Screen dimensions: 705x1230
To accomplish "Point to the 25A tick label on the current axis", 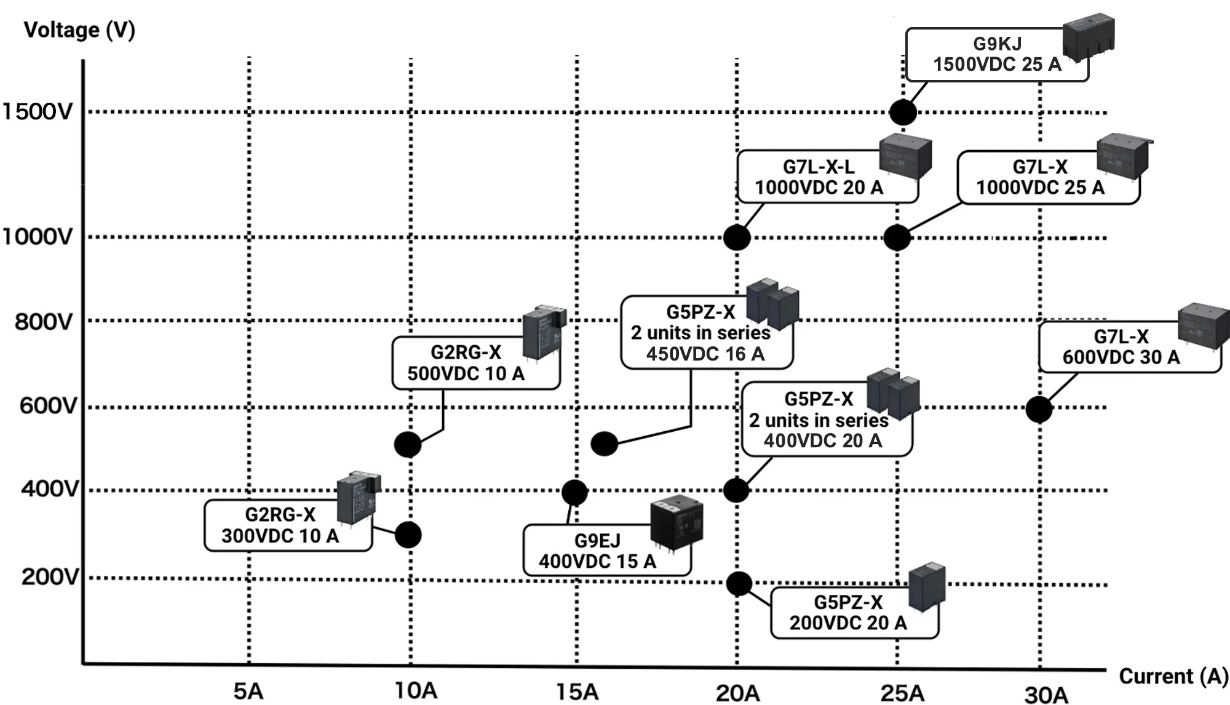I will (902, 693).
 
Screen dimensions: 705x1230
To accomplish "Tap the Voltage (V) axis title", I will (79, 30).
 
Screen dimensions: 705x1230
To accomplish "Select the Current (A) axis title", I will (1173, 676).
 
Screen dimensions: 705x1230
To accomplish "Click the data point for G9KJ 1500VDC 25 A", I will (903, 113).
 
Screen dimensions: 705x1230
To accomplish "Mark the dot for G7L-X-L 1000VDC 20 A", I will (737, 237).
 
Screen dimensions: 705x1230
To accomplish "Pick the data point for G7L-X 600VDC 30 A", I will (1039, 409).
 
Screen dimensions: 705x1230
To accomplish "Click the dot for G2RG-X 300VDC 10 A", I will (408, 535).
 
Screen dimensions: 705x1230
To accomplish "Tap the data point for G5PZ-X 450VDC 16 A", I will (604, 444).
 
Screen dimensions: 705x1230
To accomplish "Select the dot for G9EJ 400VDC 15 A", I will (574, 492).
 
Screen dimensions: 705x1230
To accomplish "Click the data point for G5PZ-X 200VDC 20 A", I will (739, 584).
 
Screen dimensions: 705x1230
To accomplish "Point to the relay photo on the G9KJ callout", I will (1089, 39).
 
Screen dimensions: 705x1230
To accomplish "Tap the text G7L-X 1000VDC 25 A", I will (1040, 177).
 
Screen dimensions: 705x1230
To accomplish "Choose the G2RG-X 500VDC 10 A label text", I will (466, 363).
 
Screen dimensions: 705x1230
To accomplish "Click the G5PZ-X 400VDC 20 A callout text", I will (819, 420).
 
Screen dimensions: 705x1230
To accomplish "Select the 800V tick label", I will (44, 322).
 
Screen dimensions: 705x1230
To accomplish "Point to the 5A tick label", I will (248, 691).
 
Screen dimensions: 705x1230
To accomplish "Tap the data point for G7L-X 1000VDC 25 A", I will (897, 237).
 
